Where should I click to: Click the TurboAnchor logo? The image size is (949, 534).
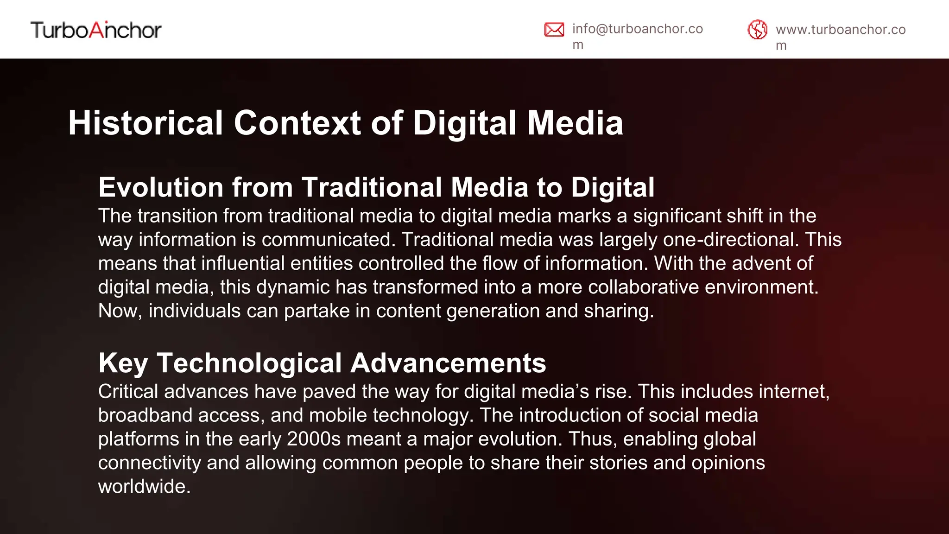pyautogui.click(x=96, y=30)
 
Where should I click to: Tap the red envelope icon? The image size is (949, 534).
pyautogui.click(x=554, y=30)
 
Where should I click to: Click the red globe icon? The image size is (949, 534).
pyautogui.click(x=758, y=30)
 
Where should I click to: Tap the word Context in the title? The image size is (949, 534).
pyautogui.click(x=297, y=123)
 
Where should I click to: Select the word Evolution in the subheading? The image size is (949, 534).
pyautogui.click(x=161, y=187)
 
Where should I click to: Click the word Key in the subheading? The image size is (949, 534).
pyautogui.click(x=123, y=363)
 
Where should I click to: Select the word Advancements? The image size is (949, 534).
pyautogui.click(x=448, y=363)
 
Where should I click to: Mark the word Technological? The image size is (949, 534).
pyautogui.click(x=249, y=363)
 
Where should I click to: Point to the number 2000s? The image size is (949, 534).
pyautogui.click(x=314, y=439)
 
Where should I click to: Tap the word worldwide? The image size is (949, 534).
pyautogui.click(x=144, y=486)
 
